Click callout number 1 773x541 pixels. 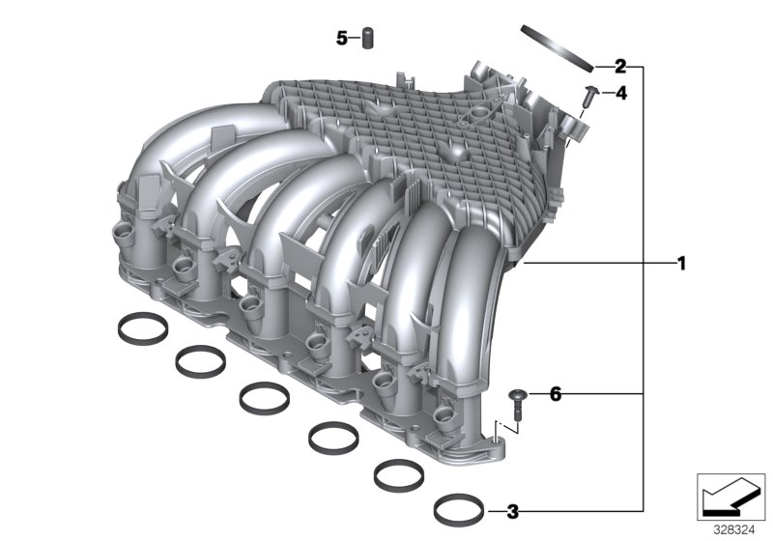click(x=681, y=263)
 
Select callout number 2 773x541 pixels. click(x=620, y=67)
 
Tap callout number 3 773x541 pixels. click(x=513, y=510)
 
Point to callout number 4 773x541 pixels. click(x=620, y=94)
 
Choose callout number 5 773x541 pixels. click(x=341, y=39)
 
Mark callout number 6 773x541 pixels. click(x=554, y=394)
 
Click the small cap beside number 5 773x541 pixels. click(x=367, y=39)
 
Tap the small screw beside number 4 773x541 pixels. click(x=591, y=95)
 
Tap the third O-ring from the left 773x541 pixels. click(x=261, y=396)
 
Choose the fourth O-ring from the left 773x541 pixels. click(x=329, y=437)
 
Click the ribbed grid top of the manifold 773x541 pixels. click(x=425, y=135)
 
